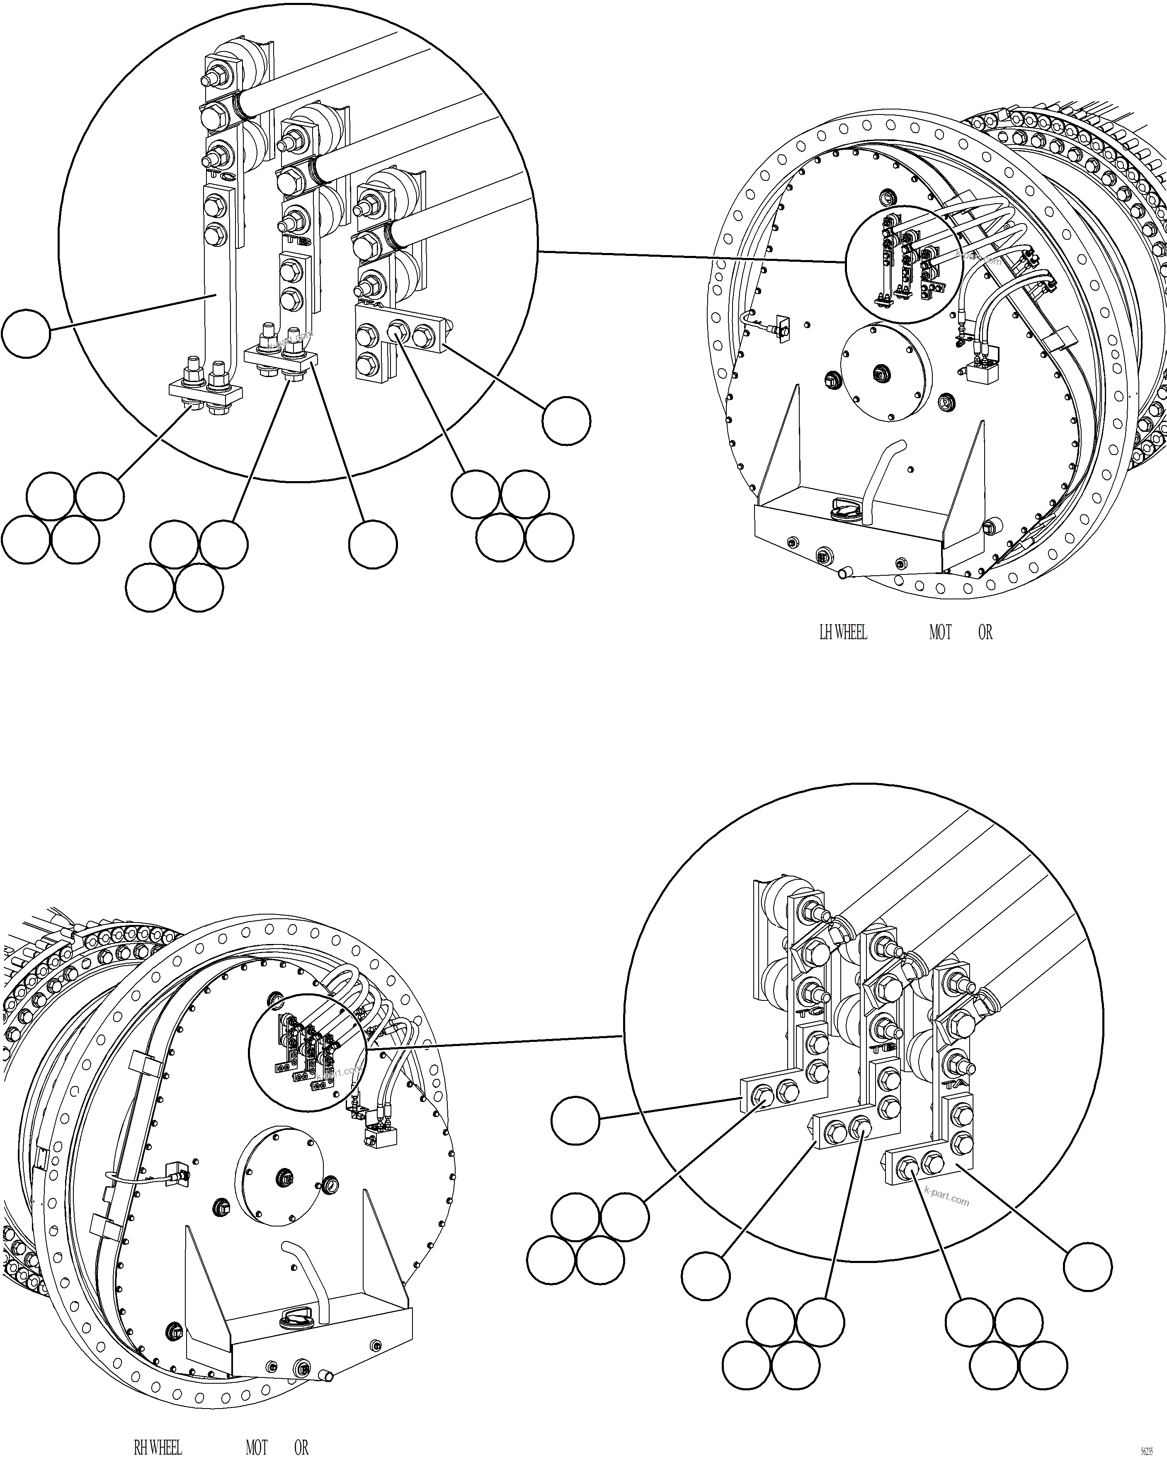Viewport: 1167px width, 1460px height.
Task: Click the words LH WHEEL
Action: tap(843, 633)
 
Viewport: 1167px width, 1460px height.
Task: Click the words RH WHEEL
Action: tap(158, 1448)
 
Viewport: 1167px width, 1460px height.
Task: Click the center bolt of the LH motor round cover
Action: tap(880, 372)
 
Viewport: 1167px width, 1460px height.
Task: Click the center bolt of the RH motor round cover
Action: tap(285, 1178)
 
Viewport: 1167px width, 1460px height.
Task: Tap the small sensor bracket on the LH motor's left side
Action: tap(783, 329)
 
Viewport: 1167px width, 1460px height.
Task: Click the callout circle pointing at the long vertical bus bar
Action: tap(26, 333)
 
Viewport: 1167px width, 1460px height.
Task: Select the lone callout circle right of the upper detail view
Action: tap(566, 421)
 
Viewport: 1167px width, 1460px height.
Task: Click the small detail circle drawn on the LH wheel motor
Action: tap(904, 263)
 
